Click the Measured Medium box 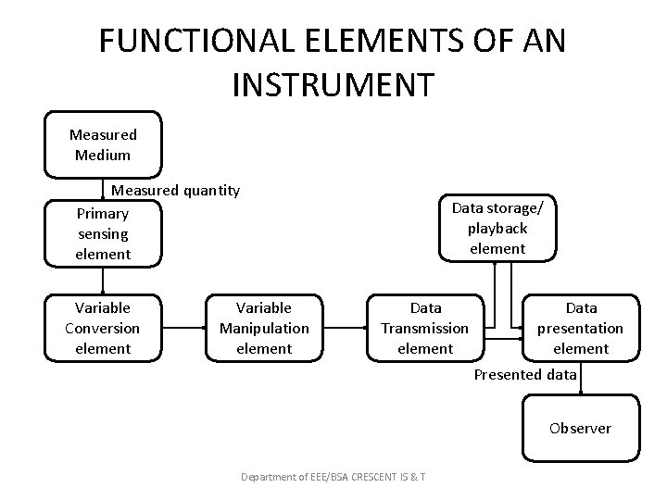[103, 144]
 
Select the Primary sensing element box [103, 233]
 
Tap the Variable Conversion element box [103, 328]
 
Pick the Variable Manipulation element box [264, 328]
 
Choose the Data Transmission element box [425, 328]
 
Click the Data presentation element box [581, 328]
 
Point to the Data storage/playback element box [497, 227]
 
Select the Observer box [580, 428]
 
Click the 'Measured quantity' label [176, 191]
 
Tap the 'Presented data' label [525, 374]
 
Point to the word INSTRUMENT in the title [333, 83]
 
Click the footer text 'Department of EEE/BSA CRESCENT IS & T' [333, 477]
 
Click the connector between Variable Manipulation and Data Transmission [345, 328]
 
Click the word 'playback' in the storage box [497, 228]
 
